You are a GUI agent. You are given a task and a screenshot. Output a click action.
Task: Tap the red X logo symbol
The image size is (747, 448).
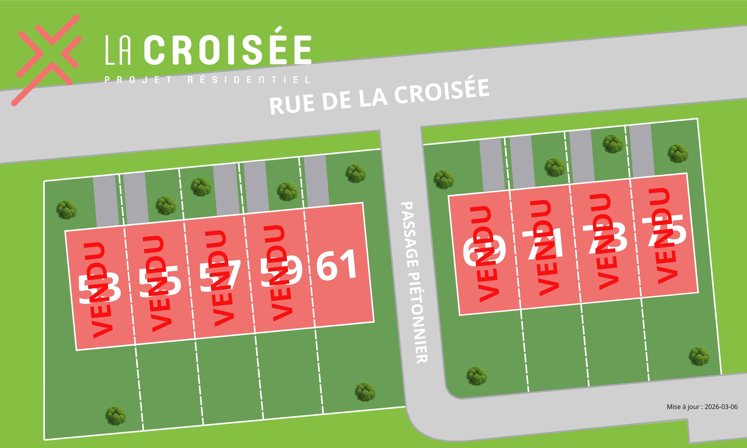(x=48, y=59)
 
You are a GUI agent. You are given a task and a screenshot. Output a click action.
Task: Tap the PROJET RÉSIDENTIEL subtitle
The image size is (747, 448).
(x=207, y=80)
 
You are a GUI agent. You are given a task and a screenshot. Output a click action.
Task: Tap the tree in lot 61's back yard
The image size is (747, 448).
(x=365, y=392)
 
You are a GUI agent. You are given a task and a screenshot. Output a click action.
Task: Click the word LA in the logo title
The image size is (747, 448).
(x=118, y=50)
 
